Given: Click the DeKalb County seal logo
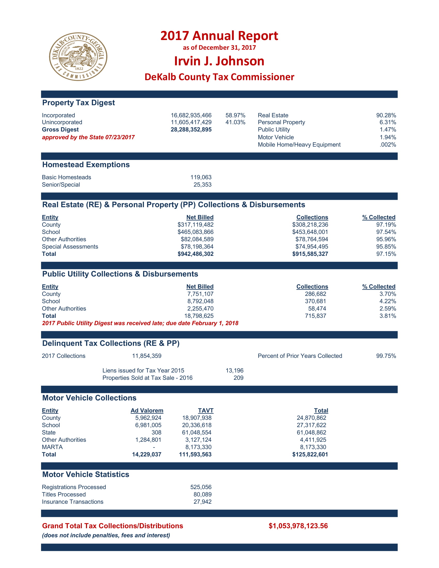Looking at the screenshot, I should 78,57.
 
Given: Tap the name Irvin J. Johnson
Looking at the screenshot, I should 219,61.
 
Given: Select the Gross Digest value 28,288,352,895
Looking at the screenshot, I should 191,130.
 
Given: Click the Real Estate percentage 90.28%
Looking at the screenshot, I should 386,115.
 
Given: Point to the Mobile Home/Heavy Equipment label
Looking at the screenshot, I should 299,145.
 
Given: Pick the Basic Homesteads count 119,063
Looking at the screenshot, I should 201,177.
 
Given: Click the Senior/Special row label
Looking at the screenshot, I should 61,185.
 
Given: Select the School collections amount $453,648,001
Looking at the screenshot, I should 310,232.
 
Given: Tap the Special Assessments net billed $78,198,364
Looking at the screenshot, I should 197,247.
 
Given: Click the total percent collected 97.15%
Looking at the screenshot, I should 386,254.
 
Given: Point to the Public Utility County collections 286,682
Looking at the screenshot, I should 316,294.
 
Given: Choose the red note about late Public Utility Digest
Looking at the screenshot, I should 140,323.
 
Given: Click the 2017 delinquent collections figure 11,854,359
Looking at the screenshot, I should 147,356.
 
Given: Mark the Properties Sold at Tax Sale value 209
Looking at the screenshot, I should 238,378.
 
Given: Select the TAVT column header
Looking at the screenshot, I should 206,411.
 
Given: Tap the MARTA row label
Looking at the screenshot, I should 52,447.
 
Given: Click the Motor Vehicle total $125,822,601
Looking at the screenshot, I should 310,454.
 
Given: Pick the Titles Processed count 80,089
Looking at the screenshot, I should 202,494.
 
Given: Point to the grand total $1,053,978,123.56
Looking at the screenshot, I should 298,526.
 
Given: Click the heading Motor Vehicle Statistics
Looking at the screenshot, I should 86,474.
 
